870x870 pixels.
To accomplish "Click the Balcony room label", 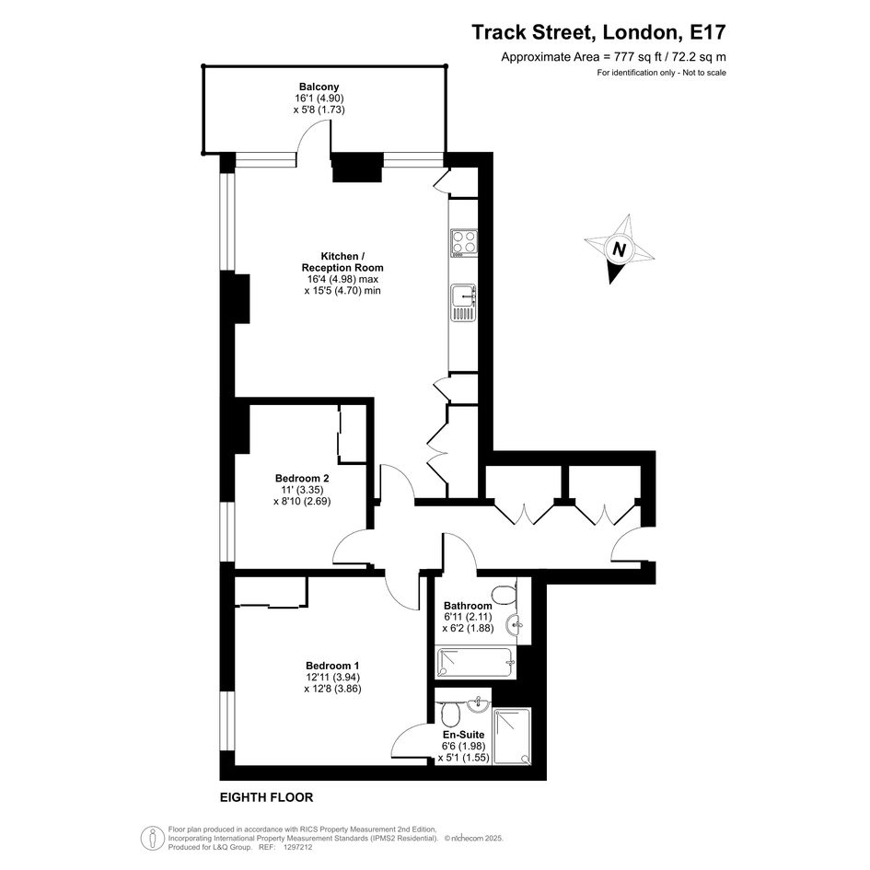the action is [x=319, y=87].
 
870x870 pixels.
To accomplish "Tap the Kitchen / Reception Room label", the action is [x=342, y=261].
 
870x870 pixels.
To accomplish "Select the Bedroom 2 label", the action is [x=302, y=479].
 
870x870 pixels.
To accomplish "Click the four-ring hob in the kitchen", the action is [x=464, y=244].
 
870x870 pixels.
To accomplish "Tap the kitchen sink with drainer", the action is [x=463, y=303].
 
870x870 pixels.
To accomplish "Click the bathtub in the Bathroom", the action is [x=476, y=663].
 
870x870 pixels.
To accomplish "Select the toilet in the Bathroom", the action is [x=505, y=595].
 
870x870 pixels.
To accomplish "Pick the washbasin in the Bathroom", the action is [x=515, y=625].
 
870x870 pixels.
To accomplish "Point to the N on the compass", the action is [x=620, y=249].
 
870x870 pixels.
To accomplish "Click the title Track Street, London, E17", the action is [x=598, y=32].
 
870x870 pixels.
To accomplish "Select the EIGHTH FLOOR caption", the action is [x=267, y=797].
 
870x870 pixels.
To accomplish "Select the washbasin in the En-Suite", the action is [x=479, y=704].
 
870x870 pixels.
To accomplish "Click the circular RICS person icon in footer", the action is [x=152, y=839].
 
